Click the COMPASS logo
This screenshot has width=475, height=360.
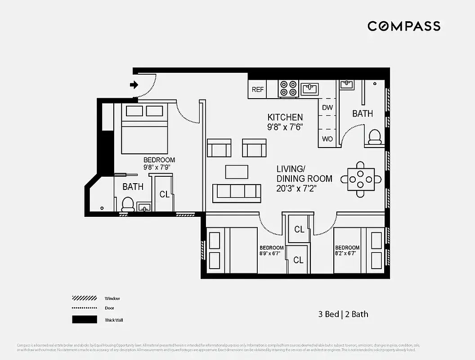(403, 26)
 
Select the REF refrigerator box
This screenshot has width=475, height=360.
(258, 90)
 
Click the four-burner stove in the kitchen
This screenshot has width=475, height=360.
(288, 89)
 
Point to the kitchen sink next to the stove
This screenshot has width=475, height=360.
(310, 89)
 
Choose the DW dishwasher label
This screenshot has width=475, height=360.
(327, 108)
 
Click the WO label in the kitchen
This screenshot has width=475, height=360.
(327, 139)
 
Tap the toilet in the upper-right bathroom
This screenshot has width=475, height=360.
(375, 137)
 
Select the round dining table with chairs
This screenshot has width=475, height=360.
(360, 179)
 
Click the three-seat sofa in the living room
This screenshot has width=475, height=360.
(237, 192)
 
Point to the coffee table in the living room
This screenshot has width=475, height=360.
(237, 171)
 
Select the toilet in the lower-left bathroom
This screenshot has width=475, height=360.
(128, 204)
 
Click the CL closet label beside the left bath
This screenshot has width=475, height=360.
(164, 194)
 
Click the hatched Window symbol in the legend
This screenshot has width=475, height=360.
(85, 298)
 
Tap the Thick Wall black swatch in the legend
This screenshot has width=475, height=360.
(85, 319)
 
